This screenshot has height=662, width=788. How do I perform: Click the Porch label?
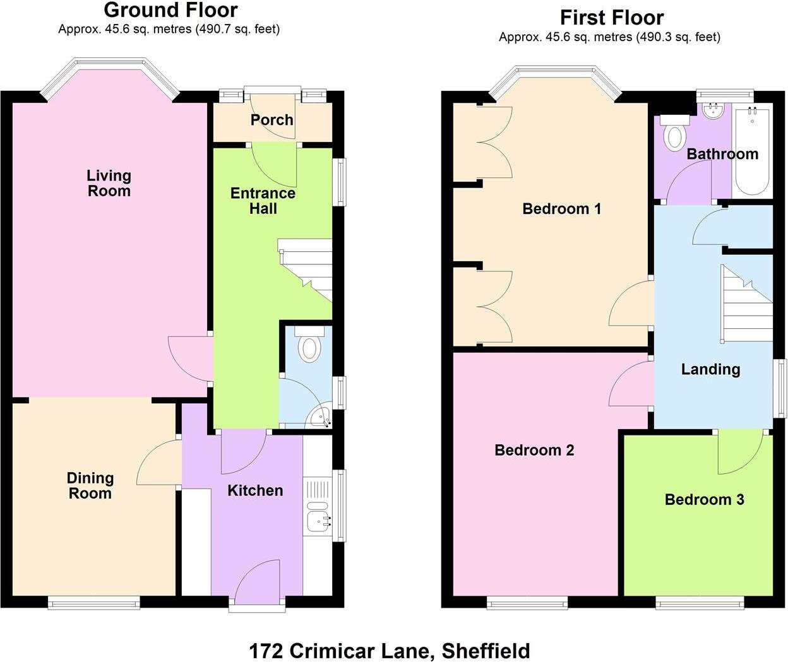point(272,120)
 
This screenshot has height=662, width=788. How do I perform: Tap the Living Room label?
point(109,183)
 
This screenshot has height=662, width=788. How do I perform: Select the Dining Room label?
point(90,486)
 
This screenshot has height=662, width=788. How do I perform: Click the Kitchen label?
point(255,490)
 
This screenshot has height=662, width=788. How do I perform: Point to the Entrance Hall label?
point(263,201)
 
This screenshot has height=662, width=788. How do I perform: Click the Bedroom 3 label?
point(704,500)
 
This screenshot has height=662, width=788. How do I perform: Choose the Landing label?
point(710,369)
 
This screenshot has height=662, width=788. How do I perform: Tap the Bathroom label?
point(722,154)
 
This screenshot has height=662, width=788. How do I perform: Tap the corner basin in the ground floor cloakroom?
point(320,417)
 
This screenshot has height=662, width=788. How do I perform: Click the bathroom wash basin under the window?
point(715,112)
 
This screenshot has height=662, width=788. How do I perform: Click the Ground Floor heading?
point(170,10)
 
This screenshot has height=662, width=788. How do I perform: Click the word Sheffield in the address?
point(486,650)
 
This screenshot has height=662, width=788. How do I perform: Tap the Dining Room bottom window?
point(94,603)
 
